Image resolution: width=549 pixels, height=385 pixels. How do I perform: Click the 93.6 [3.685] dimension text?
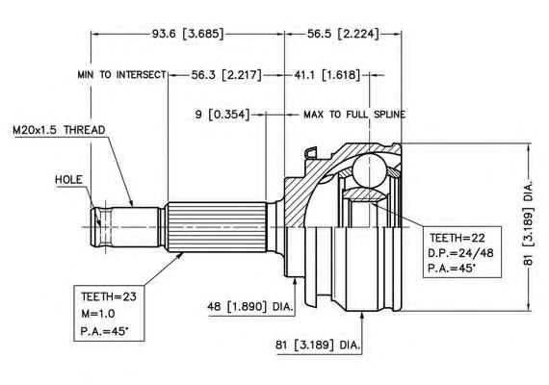click(188, 34)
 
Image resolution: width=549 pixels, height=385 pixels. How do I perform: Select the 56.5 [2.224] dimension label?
click(343, 34)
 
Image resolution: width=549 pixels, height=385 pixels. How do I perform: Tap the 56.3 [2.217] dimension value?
click(226, 74)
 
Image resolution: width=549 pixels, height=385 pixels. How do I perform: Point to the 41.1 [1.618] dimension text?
click(327, 74)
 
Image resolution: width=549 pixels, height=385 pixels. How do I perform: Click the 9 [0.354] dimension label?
click(222, 115)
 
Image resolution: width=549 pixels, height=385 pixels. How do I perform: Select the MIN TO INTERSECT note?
click(122, 74)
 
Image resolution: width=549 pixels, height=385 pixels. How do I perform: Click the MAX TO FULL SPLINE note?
click(354, 115)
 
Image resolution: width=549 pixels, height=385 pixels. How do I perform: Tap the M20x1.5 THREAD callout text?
click(59, 130)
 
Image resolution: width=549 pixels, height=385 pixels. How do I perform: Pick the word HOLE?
click(68, 180)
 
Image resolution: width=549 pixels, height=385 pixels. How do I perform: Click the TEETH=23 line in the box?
click(109, 296)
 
